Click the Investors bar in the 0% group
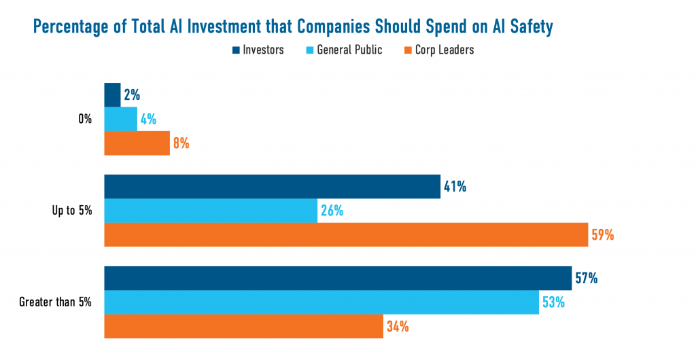(112, 95)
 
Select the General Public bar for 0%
(120, 119)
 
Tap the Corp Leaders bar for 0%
(137, 143)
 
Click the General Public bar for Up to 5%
(211, 211)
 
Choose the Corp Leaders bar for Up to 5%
(346, 234)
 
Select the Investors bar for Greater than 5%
(338, 278)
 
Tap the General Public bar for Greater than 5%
(321, 302)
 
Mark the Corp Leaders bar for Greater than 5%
(243, 326)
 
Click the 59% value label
(603, 235)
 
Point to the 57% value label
(587, 278)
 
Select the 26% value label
(332, 211)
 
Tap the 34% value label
(398, 327)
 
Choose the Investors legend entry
(258, 50)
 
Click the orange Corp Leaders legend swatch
(408, 50)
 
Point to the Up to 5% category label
(72, 211)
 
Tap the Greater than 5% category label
(56, 303)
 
